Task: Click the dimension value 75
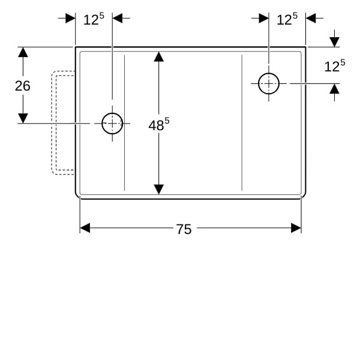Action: coord(184,229)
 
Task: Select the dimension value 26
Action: coord(23,86)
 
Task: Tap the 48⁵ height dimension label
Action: coord(159,124)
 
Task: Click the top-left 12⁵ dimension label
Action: coord(94,19)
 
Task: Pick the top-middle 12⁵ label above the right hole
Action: coord(287,19)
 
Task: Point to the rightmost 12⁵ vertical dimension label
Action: coord(335,66)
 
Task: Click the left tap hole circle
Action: coord(112,113)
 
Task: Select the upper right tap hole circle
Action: coord(269,73)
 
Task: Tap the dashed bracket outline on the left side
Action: coord(52,123)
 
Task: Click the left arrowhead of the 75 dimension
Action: coord(85,228)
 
